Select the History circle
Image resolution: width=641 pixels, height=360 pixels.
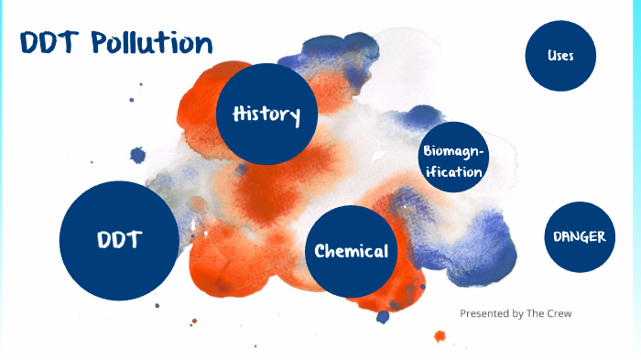[266, 114]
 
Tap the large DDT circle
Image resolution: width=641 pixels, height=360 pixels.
[119, 240]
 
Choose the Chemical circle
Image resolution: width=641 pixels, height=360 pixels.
[351, 252]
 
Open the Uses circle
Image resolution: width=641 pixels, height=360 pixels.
[560, 56]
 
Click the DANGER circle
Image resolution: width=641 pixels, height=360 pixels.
[579, 236]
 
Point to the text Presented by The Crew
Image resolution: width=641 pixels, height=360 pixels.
[516, 313]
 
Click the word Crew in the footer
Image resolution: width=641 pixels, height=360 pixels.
[559, 313]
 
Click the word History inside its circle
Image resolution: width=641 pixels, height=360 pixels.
[266, 115]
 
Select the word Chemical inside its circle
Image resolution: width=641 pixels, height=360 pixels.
[351, 252]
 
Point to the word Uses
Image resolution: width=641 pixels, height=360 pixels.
[560, 56]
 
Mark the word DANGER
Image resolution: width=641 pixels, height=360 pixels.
[579, 236]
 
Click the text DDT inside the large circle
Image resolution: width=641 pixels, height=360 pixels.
[119, 240]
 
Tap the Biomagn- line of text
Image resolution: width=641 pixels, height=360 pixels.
[451, 151]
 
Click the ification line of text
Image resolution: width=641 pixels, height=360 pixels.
[451, 171]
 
